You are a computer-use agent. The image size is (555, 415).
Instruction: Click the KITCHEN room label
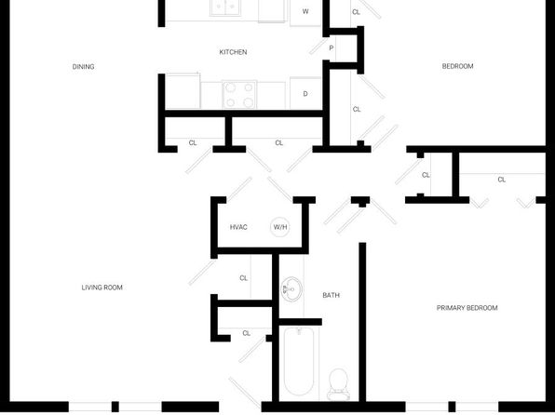[x=233, y=52]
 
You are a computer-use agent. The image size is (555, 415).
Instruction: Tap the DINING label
[x=83, y=66]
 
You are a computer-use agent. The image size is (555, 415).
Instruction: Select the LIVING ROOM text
[x=102, y=288]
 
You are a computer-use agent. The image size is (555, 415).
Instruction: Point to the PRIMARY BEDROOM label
[x=467, y=308]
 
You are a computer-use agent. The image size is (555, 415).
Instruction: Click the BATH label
[x=331, y=295]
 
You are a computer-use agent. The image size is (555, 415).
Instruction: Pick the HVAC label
[x=238, y=227]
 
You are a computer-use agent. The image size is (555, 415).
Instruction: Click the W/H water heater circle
[x=280, y=227]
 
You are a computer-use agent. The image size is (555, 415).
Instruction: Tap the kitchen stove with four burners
[x=239, y=95]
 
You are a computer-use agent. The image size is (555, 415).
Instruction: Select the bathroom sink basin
[x=291, y=289]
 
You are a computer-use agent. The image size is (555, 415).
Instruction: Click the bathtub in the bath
[x=299, y=361]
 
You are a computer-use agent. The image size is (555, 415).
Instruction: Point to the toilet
[x=338, y=384]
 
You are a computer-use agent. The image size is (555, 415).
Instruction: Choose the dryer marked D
[x=305, y=93]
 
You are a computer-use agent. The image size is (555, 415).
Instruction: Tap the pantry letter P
[x=332, y=47]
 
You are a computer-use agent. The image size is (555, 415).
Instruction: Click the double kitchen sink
[x=225, y=7]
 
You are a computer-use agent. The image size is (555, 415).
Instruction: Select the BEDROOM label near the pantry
[x=457, y=66]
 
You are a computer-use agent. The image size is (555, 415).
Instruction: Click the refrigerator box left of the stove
[x=183, y=91]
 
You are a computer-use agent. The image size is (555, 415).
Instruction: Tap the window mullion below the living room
[x=115, y=407]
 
